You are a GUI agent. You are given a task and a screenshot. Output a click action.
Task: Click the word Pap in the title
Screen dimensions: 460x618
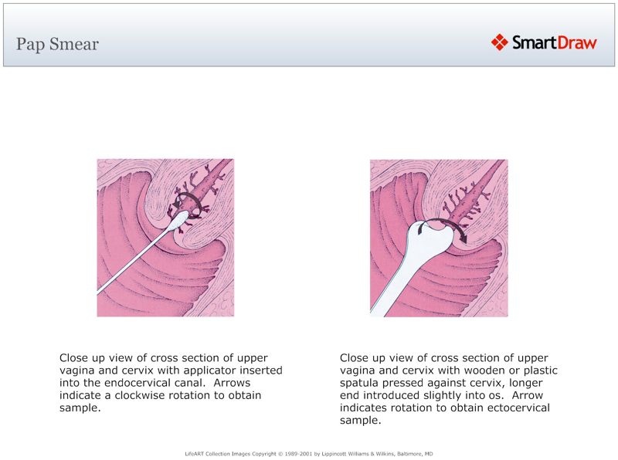[30, 44]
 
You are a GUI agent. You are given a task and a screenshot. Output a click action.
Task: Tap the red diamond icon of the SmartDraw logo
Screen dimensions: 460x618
[499, 42]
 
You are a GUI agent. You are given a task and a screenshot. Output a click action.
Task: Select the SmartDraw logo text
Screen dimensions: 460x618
[555, 43]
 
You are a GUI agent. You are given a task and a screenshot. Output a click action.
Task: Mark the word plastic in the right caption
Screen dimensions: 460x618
[539, 370]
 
